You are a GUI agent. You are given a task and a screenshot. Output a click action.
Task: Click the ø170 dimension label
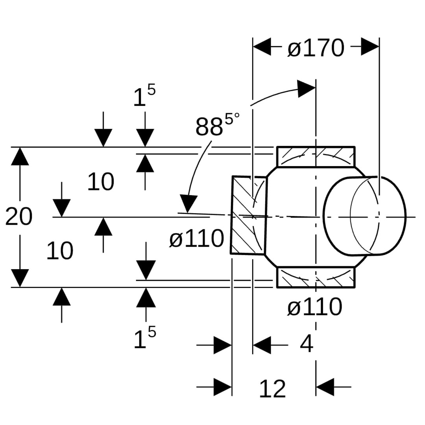coord(316,48)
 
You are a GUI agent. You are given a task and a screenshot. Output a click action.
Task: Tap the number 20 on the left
coord(18,217)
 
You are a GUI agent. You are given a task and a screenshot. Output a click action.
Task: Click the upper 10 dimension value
coord(100,182)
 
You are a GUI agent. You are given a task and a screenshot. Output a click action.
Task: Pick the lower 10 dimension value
coord(60,251)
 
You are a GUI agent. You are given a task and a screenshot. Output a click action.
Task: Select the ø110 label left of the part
coord(196,238)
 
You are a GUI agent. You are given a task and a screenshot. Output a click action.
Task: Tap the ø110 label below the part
coord(314,307)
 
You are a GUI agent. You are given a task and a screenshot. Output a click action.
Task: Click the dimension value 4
coord(307,344)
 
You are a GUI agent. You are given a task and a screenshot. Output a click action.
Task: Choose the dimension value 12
coord(272,389)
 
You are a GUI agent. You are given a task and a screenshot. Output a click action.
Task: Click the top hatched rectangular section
coord(316,157)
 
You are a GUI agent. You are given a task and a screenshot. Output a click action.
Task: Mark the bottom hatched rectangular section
coord(316,277)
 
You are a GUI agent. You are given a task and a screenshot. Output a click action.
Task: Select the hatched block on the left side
coord(248,216)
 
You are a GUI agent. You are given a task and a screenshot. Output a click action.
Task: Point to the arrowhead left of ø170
coord(262,47)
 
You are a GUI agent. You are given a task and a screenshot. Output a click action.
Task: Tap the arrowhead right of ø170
coord(370,47)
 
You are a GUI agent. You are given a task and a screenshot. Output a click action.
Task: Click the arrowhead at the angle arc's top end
coord(307,89)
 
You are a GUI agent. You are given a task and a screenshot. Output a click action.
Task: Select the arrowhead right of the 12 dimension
coord(325,387)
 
